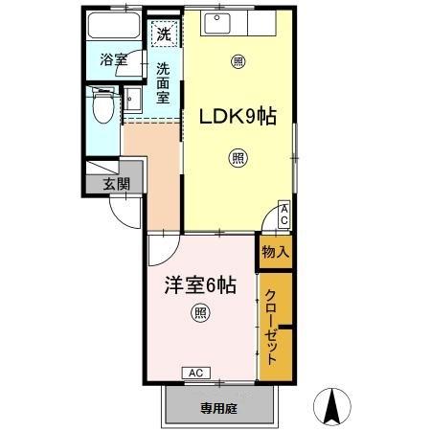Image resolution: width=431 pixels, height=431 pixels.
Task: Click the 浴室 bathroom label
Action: coord(114,59)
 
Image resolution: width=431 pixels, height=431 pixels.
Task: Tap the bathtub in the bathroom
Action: coord(115,29)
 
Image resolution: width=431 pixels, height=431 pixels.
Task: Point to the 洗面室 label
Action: coord(164,82)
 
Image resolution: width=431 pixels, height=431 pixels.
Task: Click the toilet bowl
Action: coord(101,107)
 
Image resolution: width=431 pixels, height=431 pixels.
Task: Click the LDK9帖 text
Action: coord(238,117)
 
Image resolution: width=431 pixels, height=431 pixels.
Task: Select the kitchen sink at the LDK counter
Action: coord(216,20)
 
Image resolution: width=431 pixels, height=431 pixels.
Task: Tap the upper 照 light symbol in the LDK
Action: coord(237,62)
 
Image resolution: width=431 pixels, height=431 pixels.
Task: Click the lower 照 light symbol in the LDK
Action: coord(237,158)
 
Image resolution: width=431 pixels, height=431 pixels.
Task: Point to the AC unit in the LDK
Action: coord(284,216)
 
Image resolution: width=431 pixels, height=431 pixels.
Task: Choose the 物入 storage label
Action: coord(275,252)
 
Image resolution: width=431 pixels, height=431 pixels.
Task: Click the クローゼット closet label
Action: coord(272,326)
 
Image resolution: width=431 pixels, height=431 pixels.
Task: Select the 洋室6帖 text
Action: coord(199,284)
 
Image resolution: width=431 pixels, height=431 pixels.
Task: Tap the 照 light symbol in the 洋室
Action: coord(199,311)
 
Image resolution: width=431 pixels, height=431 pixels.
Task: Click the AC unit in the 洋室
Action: coord(194,373)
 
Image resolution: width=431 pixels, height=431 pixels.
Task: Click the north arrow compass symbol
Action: coord(330,406)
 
